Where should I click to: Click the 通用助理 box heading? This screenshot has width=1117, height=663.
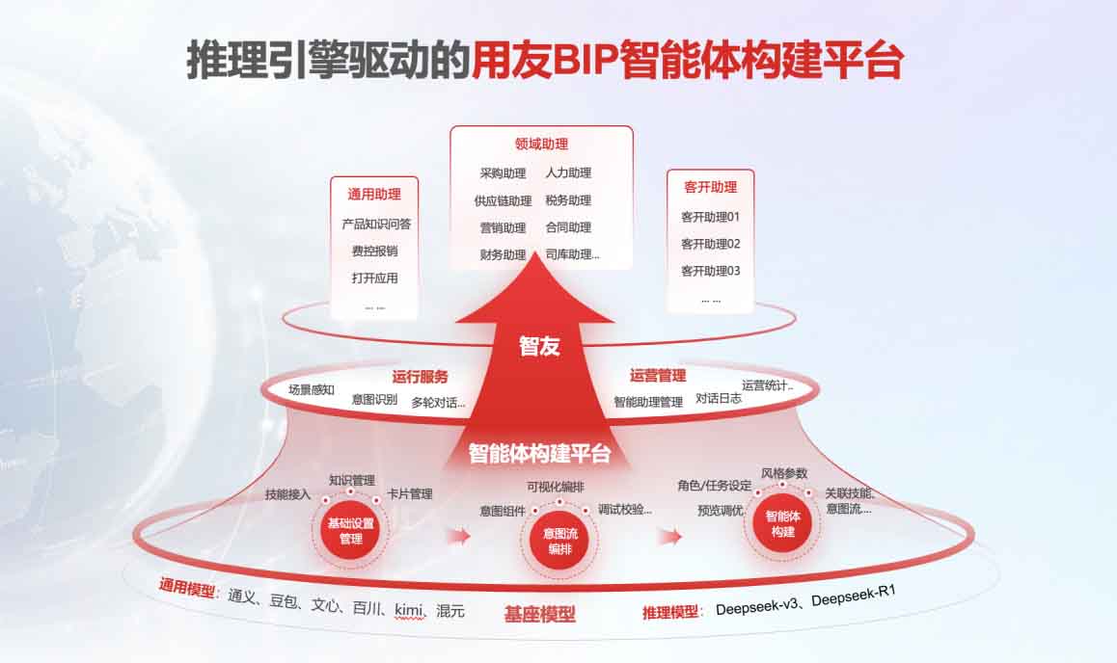coord(374,195)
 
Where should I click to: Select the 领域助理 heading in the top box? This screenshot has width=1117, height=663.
coord(541,144)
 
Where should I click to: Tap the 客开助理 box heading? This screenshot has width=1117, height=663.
coord(710,187)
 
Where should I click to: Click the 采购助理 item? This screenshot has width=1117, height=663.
coord(503,173)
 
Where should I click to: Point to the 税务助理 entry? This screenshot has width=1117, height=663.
coord(568,200)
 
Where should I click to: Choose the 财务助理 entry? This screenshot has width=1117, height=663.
coord(503,254)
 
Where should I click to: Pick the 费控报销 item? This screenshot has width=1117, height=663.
coord(374,252)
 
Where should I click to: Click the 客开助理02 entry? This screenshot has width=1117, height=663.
coord(710,244)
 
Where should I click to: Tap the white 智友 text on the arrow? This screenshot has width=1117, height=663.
coord(539,347)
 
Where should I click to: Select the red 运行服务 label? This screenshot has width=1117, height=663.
coord(421,377)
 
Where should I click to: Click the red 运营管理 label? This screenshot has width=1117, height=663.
coord(658,375)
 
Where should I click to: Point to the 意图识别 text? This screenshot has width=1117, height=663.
coord(374,400)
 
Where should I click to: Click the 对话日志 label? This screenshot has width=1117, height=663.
coord(718,398)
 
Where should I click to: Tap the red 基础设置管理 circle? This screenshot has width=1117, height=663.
coord(350,531)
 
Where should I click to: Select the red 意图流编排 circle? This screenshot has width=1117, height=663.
coord(559,541)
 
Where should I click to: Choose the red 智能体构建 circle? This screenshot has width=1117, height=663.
coord(782,523)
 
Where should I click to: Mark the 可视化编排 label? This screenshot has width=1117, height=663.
coord(555,487)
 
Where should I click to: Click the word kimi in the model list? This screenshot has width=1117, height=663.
coord(409,610)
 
